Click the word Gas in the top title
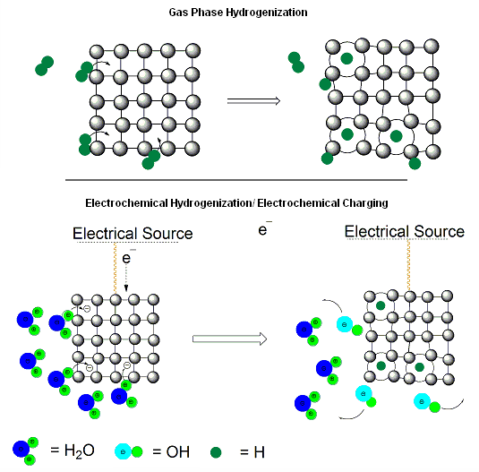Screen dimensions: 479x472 (x=177, y=13)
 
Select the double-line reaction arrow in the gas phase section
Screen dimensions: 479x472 (x=253, y=101)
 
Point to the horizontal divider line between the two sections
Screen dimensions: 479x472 (x=236, y=180)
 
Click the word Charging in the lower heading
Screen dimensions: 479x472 (x=365, y=203)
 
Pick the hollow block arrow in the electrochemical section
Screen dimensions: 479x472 (x=230, y=339)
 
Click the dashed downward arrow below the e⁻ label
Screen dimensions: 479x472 (x=126, y=278)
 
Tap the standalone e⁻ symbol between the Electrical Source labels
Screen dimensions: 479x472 (x=264, y=228)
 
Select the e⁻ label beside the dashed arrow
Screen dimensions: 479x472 (x=129, y=257)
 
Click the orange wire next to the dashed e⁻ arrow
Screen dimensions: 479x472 (x=115, y=268)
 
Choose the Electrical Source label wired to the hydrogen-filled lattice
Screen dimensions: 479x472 (x=404, y=231)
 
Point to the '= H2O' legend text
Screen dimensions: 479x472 (x=73, y=451)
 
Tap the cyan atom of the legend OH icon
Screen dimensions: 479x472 (x=124, y=451)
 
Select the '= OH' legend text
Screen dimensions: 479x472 (x=171, y=451)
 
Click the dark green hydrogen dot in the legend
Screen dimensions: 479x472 (x=216, y=452)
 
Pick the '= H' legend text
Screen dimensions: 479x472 (x=252, y=452)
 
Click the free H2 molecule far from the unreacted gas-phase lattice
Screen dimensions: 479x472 (x=44, y=65)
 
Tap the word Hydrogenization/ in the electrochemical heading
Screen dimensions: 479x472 (x=211, y=203)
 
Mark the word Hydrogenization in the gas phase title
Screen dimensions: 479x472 (x=267, y=13)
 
